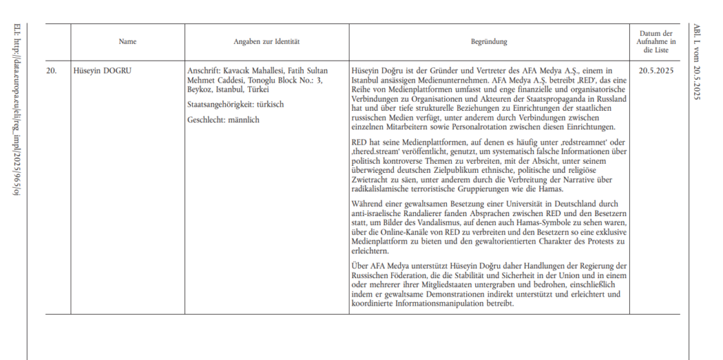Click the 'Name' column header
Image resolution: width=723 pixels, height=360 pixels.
(127, 42)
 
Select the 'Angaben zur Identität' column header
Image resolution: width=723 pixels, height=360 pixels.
(267, 42)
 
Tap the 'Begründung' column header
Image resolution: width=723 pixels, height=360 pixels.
(489, 42)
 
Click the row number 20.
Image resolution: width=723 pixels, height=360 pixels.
(52, 71)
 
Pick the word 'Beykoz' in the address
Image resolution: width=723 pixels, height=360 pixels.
(199, 90)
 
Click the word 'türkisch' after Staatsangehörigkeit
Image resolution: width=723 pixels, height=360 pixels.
(270, 105)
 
